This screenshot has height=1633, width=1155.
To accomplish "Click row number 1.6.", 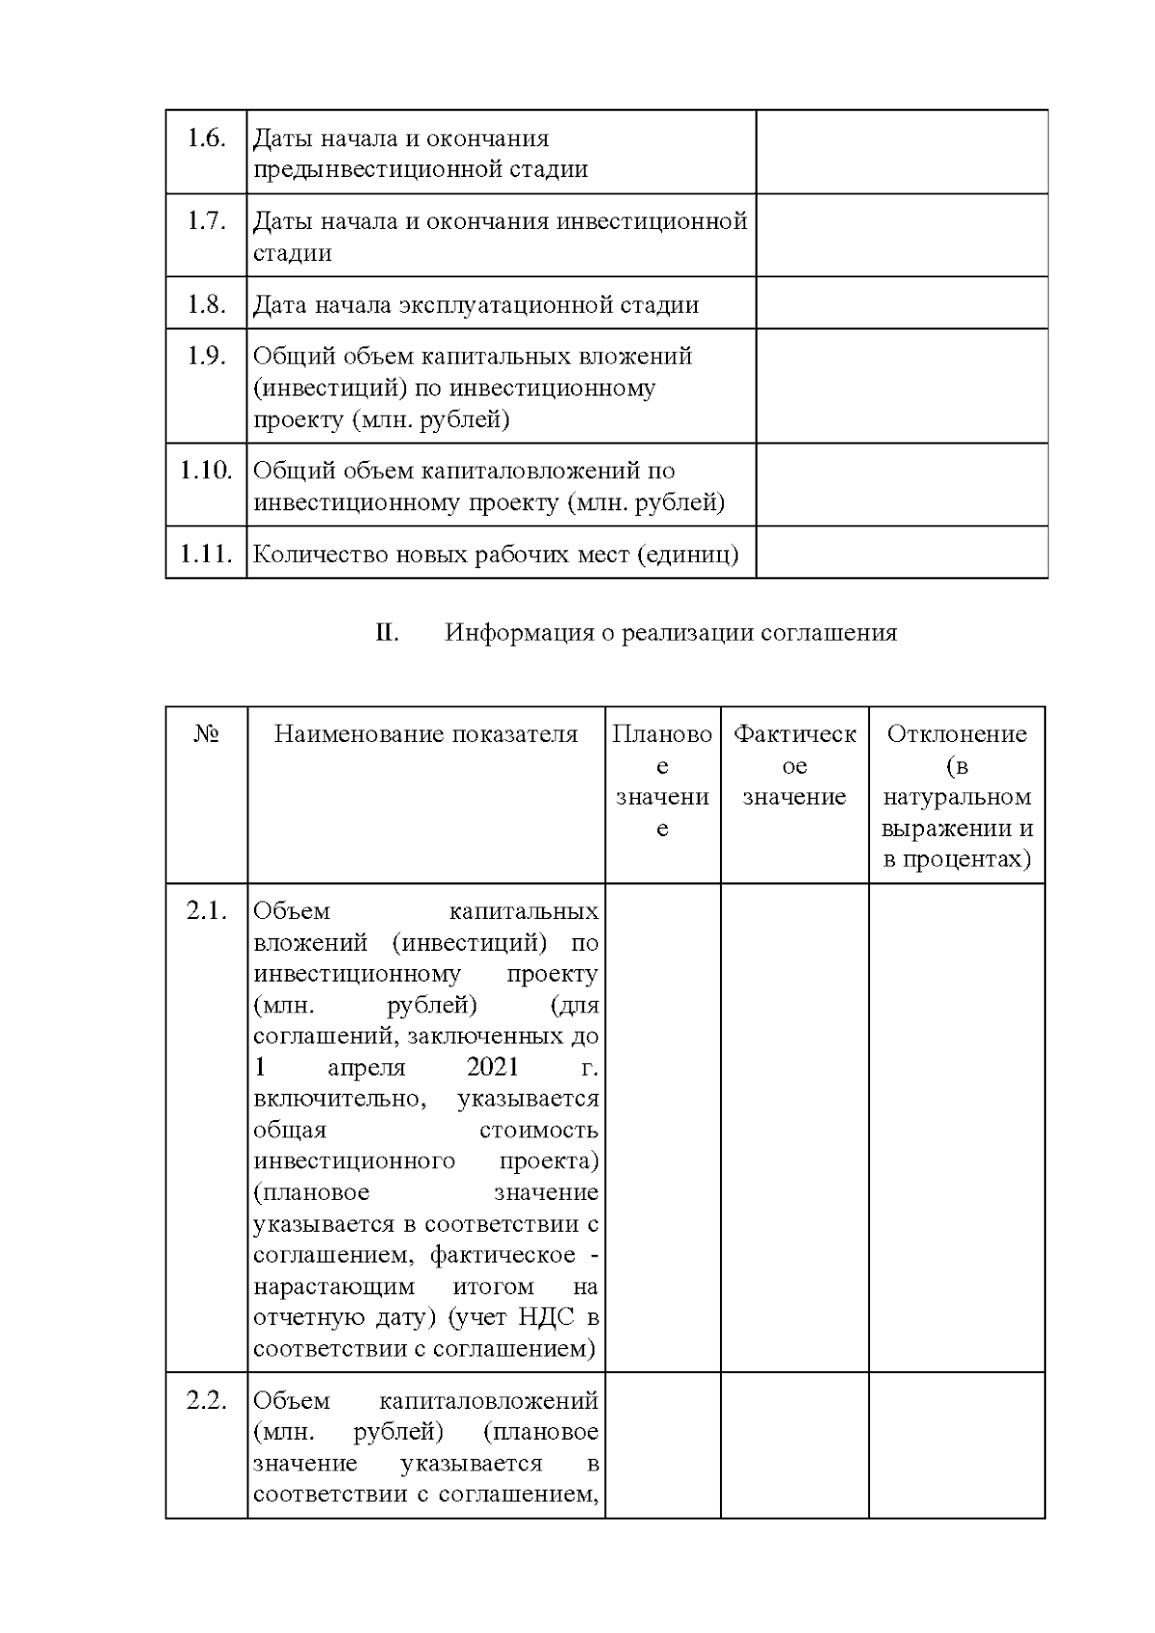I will (x=206, y=139).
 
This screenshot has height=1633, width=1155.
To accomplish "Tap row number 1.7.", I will (x=206, y=221).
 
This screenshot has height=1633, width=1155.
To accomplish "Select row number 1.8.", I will (x=206, y=305).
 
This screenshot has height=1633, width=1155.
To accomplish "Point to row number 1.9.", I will (x=206, y=357).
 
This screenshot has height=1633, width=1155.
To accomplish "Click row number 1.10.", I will (x=206, y=472).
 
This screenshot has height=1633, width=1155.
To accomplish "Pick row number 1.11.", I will (x=206, y=554).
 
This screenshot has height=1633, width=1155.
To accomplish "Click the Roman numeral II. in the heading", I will (x=387, y=633).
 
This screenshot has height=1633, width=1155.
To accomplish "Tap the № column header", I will (x=206, y=735).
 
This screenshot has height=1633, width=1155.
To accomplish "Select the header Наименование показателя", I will (x=425, y=735).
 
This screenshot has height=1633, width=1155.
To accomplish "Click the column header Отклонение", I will (x=957, y=735).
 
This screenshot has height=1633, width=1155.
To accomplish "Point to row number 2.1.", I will (x=206, y=911).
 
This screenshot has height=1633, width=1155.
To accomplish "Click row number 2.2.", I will (x=206, y=1401).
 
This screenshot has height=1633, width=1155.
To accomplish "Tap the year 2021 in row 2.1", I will (x=492, y=1067).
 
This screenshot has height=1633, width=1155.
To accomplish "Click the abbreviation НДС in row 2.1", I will (x=552, y=1317).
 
